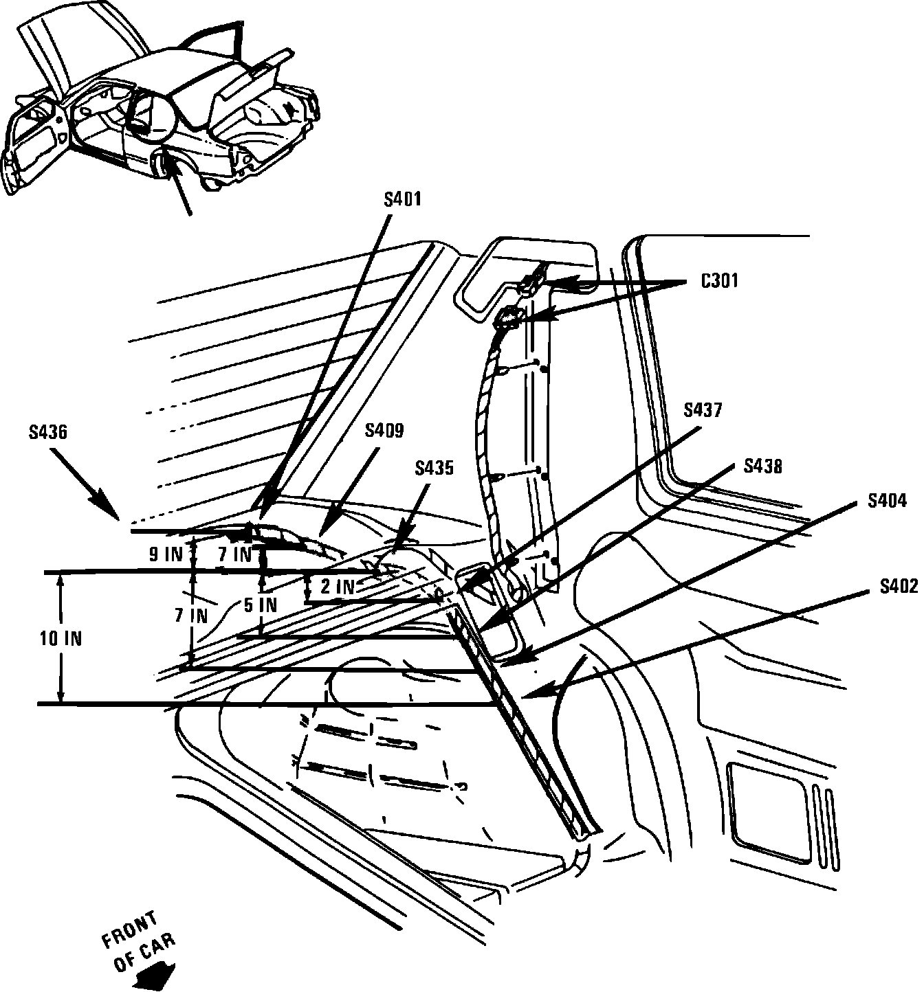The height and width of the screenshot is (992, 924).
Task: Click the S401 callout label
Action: [x=402, y=199]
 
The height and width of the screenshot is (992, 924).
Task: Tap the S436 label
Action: [x=48, y=432]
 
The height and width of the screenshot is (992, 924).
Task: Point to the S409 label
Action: [x=384, y=431]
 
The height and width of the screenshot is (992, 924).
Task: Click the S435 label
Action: [x=434, y=468]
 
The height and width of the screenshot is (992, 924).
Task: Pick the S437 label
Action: [x=703, y=410]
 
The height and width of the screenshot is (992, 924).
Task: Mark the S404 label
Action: [x=887, y=501]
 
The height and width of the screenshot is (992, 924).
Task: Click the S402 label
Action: [x=899, y=586]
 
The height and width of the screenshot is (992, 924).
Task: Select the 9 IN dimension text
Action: [x=165, y=554]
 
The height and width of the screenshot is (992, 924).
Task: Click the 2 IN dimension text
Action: [x=338, y=587]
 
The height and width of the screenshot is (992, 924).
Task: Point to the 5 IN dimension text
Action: [x=260, y=605]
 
